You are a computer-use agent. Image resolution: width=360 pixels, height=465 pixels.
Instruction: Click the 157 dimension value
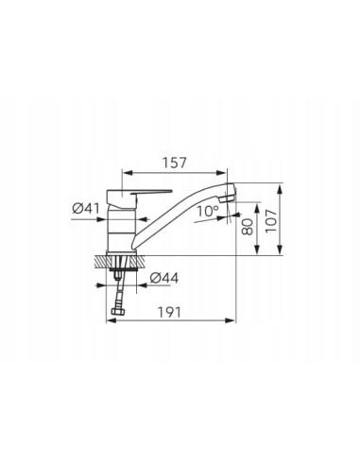(x=175, y=163)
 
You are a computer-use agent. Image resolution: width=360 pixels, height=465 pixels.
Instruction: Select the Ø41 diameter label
(x=86, y=208)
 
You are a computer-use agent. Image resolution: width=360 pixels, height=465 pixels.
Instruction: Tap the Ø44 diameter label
(x=164, y=278)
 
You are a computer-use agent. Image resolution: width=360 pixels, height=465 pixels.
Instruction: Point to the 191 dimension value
(x=169, y=312)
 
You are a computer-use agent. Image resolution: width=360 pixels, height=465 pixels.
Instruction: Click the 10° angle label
(x=208, y=211)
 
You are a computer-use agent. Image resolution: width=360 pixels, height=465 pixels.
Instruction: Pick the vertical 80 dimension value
(x=248, y=227)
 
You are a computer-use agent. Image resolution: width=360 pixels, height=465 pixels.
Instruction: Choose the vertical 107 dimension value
(x=271, y=221)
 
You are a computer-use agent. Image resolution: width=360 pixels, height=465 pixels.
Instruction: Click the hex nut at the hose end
(x=118, y=311)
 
